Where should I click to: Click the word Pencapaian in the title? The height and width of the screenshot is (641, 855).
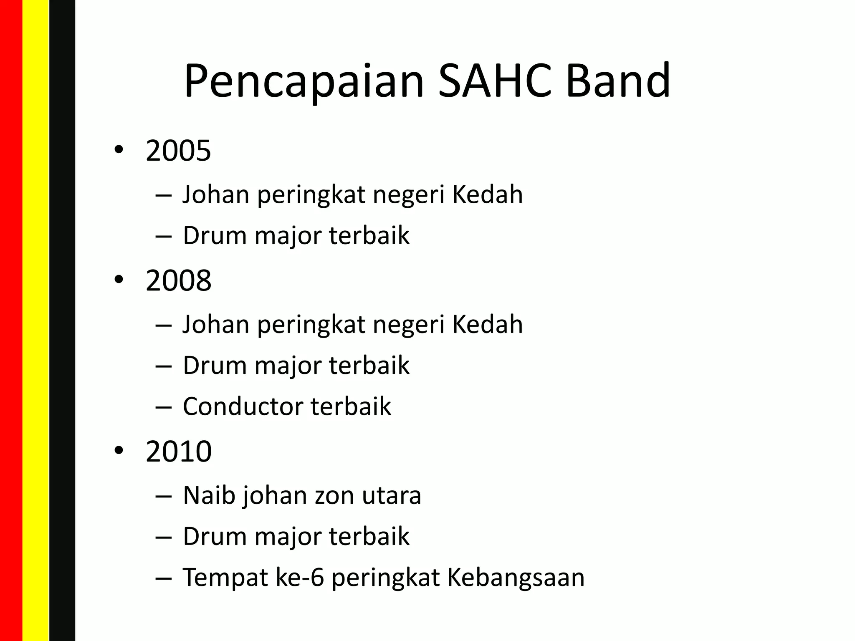point(304,81)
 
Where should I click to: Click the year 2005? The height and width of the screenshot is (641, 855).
point(178,151)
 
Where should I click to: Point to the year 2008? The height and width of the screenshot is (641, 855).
point(178,280)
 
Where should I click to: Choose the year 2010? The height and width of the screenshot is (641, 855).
point(178,452)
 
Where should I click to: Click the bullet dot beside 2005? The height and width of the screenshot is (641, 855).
point(119,151)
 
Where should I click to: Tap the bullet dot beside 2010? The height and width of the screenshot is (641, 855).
point(119,451)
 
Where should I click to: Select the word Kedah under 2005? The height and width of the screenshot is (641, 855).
point(487,194)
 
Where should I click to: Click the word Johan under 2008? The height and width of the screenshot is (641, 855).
point(216,324)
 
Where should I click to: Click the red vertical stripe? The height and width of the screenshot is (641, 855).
point(11,320)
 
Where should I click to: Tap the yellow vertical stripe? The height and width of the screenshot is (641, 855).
point(35,320)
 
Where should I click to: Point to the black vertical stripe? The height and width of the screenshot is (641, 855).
point(62,320)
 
